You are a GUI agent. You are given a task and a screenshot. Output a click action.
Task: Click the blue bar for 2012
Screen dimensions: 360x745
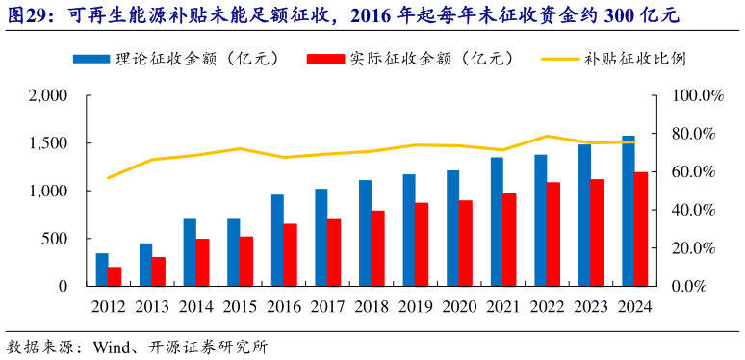(x=102, y=270)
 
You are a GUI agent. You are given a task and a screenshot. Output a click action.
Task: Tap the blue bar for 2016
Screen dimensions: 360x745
(x=277, y=241)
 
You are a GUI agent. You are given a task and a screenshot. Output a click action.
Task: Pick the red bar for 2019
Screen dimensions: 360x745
(x=422, y=244)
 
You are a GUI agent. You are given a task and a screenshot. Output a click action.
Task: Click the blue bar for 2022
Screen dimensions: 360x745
(x=541, y=220)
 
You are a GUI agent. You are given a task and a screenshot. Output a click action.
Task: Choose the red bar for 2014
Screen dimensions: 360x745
(x=203, y=263)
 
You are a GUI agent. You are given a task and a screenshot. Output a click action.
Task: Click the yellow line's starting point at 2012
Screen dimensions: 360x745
(x=109, y=178)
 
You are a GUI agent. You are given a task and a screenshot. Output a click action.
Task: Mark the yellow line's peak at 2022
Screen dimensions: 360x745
(x=548, y=136)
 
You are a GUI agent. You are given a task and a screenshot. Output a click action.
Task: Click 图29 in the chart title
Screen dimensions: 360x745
(x=27, y=15)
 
